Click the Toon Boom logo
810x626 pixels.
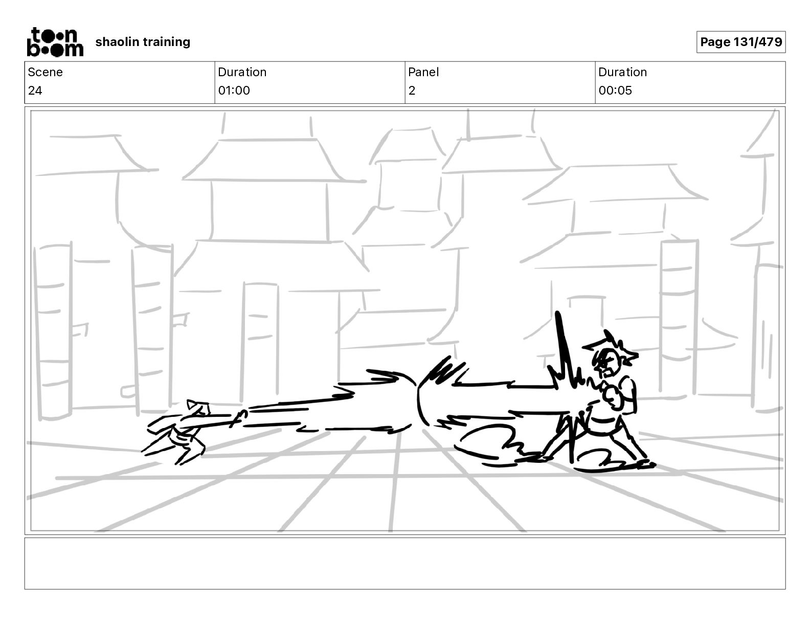55,42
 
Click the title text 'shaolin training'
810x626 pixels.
143,42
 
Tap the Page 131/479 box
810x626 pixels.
740,42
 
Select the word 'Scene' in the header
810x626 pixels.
45,72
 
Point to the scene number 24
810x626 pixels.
35,91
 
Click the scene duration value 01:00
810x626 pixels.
234,91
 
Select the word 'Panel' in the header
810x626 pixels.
423,72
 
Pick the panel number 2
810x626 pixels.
412,91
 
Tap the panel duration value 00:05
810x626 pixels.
615,91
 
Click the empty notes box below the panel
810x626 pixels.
404,563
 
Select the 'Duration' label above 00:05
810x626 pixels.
622,72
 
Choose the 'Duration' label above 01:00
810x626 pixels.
242,72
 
